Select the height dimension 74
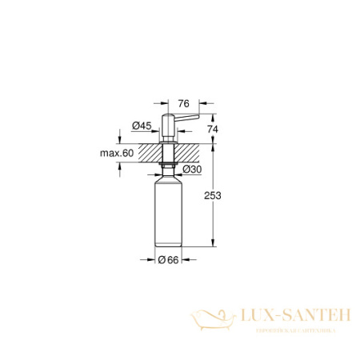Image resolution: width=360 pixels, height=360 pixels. click(x=212, y=129)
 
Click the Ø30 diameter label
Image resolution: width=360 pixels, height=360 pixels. click(x=191, y=169)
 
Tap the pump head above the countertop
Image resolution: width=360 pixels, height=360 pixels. click(x=169, y=126)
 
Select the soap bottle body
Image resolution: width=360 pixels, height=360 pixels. click(x=169, y=212)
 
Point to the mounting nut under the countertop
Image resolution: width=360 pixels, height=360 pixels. click(x=169, y=165)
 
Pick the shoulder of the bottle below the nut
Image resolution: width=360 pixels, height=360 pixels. click(x=169, y=177)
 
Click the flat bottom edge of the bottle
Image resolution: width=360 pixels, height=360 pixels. click(x=169, y=248)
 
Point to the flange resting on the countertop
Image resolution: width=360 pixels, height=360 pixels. click(x=169, y=142)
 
